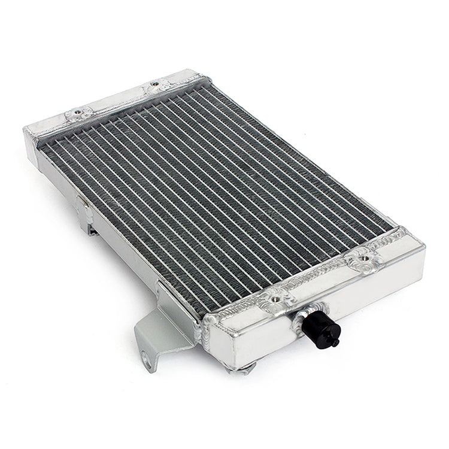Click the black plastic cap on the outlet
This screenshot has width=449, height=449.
[320, 329]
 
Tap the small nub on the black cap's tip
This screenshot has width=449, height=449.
[336, 343]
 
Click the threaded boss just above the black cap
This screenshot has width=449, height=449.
[276, 298]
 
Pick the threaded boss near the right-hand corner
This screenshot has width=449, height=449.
[363, 261]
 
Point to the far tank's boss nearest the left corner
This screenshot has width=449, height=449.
[79, 113]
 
